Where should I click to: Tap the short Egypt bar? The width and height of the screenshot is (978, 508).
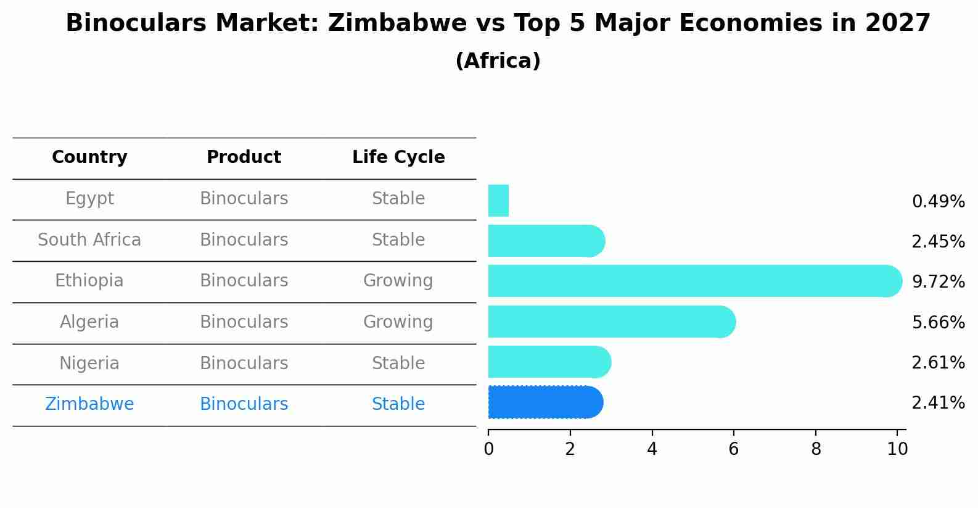click(498, 201)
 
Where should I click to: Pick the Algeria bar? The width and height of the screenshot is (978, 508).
click(610, 322)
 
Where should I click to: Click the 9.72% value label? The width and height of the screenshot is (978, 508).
click(938, 282)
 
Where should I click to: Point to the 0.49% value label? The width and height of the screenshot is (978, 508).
click(938, 202)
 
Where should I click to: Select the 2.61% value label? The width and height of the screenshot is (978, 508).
click(938, 363)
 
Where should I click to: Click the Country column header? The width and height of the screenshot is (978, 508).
click(89, 157)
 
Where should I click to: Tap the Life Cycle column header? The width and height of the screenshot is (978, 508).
click(398, 157)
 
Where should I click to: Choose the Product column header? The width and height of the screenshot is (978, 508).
click(244, 157)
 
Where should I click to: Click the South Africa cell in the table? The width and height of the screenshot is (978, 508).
click(89, 240)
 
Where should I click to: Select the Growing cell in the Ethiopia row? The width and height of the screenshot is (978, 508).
click(398, 281)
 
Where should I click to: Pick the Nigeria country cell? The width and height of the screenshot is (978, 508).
click(89, 364)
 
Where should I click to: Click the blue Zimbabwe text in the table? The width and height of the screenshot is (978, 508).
click(89, 404)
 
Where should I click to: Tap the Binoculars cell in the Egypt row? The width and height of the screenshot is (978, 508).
click(244, 199)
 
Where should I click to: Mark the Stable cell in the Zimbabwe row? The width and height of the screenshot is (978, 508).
click(398, 404)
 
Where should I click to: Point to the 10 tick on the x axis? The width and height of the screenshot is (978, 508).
click(897, 449)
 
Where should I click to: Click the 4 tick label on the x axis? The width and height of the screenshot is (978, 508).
click(652, 449)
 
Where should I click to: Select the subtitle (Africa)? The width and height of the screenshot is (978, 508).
click(498, 61)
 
